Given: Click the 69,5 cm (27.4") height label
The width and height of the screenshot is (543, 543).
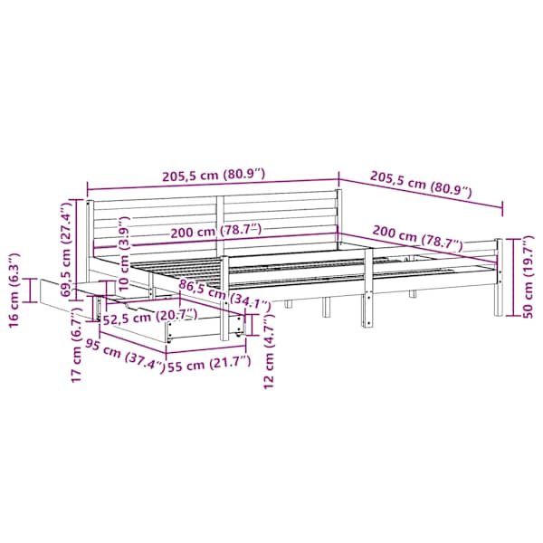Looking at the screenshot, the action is coord(66,250).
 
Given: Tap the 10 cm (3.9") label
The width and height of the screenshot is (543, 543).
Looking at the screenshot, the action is coord(124,253).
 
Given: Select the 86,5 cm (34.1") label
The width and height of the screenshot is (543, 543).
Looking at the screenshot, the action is coord(224,295).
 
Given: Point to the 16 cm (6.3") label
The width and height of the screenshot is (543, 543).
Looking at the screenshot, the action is coord(14,291).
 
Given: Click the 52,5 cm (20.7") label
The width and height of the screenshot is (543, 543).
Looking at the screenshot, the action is coord(150,317).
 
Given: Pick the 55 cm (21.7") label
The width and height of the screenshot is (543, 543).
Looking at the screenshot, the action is coord(209,364).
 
